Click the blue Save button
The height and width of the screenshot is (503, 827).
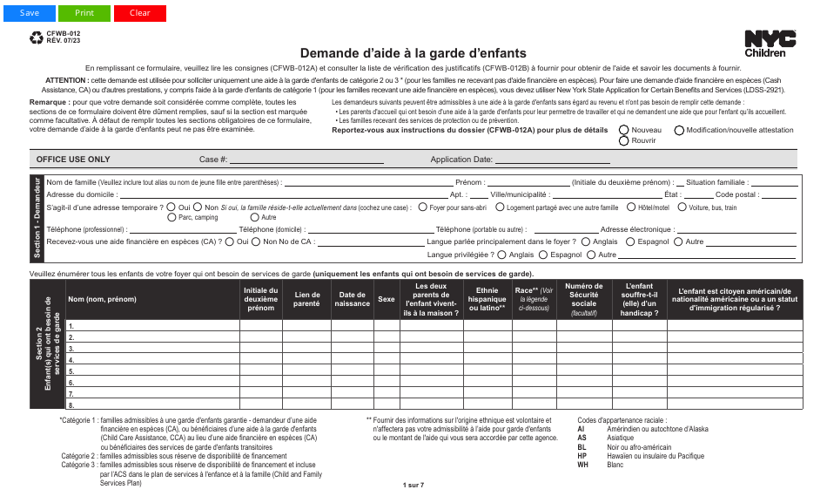pos(30,13)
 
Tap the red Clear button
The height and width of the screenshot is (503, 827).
pos(140,13)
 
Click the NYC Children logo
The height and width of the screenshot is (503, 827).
pos(770,43)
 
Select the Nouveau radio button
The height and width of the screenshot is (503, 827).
pos(623,130)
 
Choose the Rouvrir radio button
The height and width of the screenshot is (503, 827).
pos(623,140)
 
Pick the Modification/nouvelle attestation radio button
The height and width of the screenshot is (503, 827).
pos(678,130)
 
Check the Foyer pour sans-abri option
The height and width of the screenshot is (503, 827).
pos(422,207)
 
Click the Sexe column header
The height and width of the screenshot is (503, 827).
pos(386,299)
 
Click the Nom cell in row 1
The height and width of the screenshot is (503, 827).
pos(152,326)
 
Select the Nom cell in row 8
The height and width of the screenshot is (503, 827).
pos(152,405)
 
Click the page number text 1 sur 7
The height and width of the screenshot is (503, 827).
pos(413,485)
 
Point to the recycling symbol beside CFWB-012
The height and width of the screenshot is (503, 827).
pos(37,37)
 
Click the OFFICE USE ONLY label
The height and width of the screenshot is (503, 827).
pos(73,160)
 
